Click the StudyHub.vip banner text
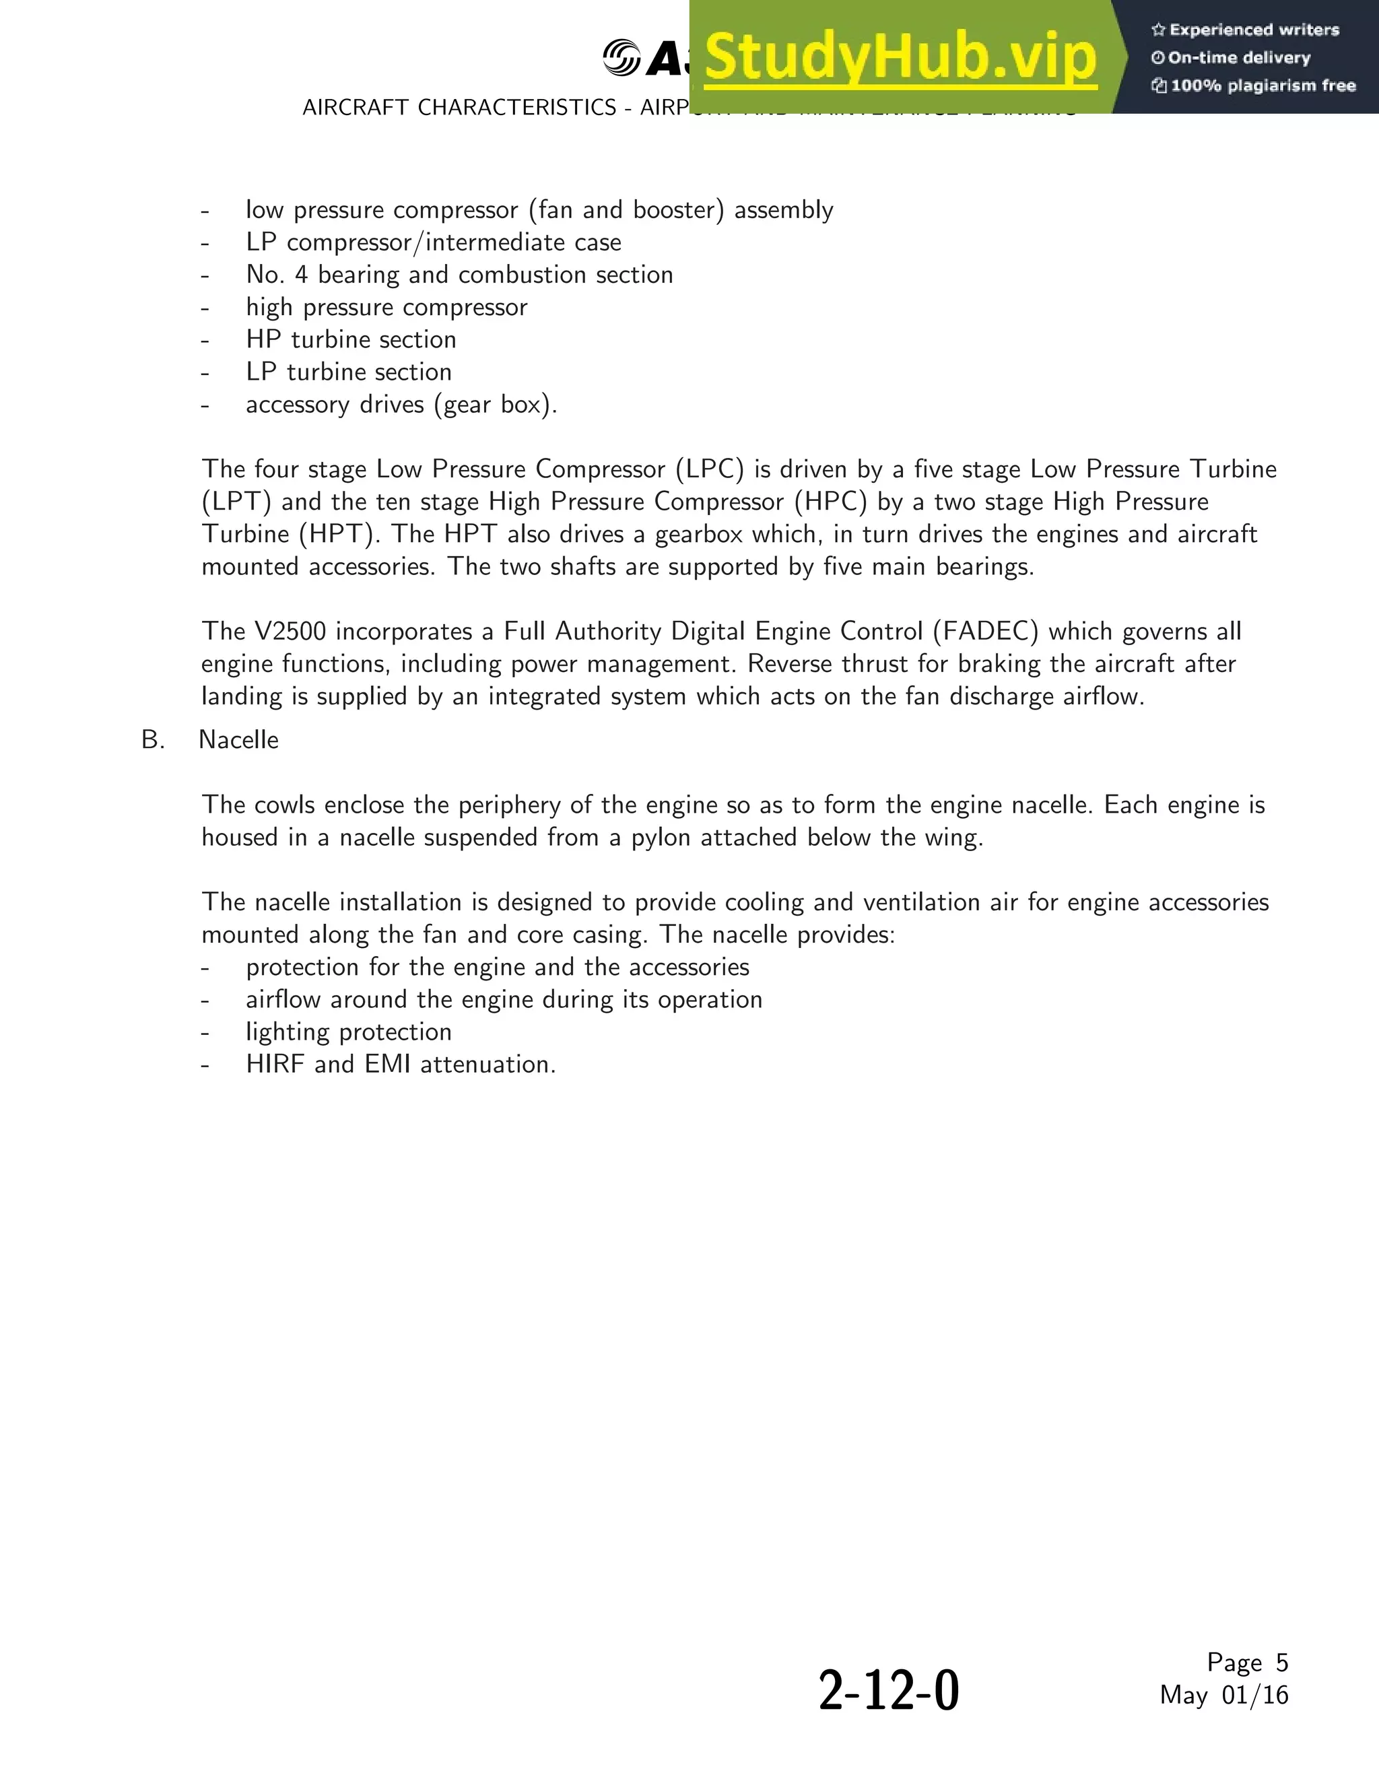click(900, 57)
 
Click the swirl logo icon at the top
click(621, 57)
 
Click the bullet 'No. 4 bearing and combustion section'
click(459, 275)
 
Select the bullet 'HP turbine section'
click(351, 339)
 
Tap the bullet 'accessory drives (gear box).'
click(401, 405)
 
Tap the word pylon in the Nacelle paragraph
click(658, 838)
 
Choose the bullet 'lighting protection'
click(348, 1032)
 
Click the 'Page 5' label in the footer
click(1247, 1662)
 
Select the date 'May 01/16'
click(1223, 1695)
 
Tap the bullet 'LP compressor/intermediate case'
click(433, 243)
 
